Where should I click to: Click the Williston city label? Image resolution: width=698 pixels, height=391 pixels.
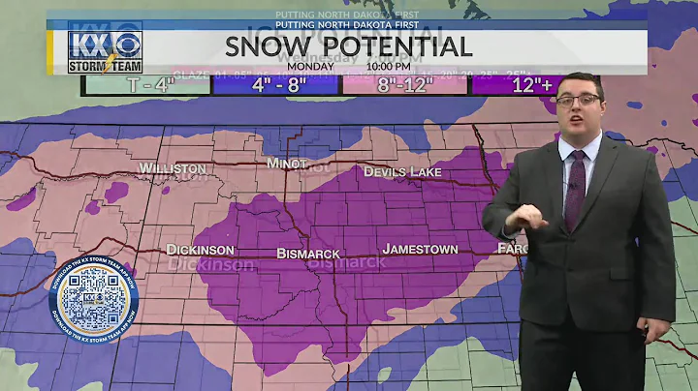point(173,167)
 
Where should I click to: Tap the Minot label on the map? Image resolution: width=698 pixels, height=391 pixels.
point(290,164)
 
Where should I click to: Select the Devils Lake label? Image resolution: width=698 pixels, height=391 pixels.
point(402,171)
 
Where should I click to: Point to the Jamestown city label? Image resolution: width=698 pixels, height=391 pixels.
point(420,249)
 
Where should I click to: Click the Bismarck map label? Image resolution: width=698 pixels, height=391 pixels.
point(307,253)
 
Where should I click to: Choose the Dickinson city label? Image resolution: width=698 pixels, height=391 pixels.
point(200,249)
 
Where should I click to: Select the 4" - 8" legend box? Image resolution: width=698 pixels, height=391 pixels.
point(276,83)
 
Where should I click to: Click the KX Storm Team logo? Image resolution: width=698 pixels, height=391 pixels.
point(105,46)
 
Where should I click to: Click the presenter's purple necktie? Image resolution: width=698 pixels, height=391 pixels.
point(575,188)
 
